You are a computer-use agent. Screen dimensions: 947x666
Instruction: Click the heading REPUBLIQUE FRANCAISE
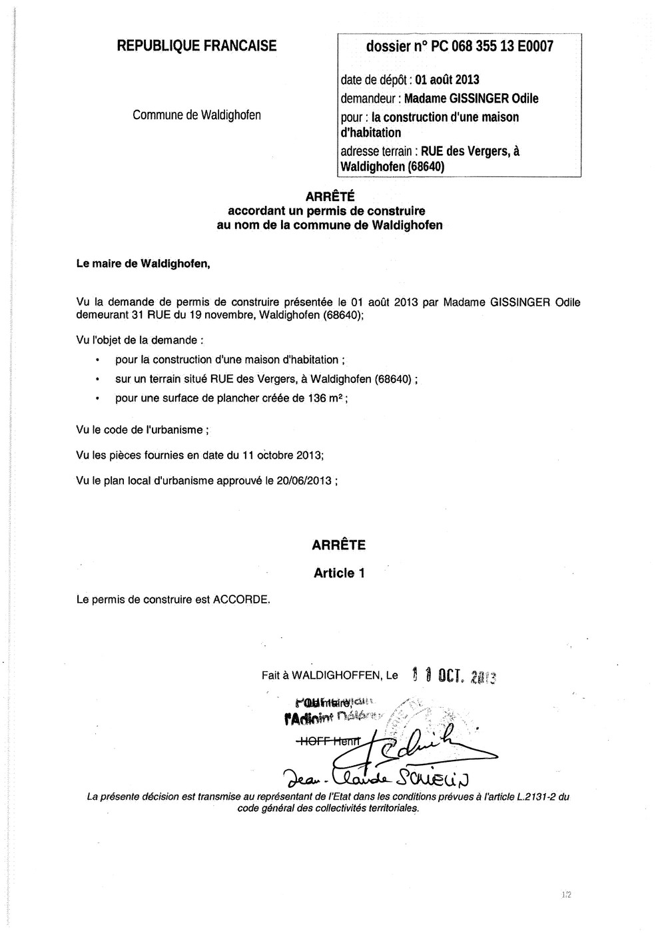[x=196, y=46]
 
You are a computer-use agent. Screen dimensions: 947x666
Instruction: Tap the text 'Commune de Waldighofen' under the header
[x=196, y=115]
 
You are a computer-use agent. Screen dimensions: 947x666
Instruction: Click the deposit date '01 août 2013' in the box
[x=447, y=80]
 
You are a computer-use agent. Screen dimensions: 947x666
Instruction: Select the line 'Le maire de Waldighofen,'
[x=143, y=263]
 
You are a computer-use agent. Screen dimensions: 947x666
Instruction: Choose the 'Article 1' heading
[x=339, y=573]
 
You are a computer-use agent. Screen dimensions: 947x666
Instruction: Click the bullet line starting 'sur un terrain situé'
[x=266, y=380]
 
